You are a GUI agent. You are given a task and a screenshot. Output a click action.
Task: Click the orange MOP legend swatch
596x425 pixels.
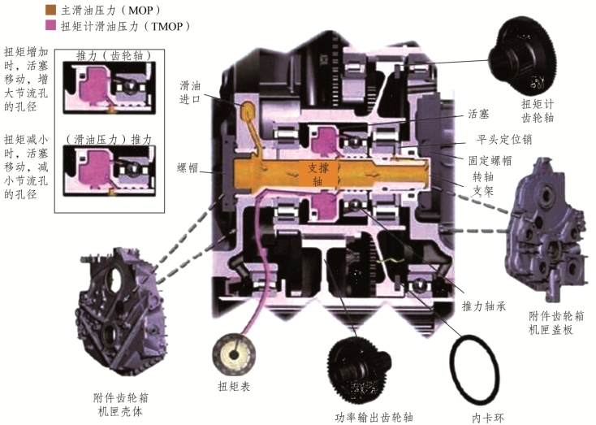(x=51, y=11)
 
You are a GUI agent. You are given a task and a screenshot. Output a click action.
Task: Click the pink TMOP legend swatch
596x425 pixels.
(x=51, y=26)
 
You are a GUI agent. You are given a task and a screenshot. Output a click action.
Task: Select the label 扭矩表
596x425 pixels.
(x=234, y=388)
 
